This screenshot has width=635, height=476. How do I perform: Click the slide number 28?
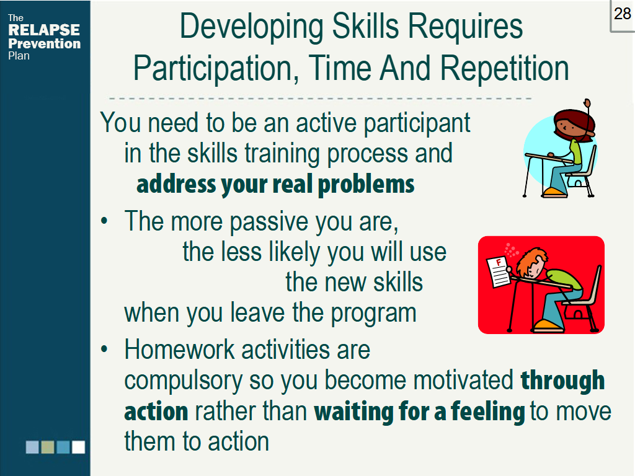pos(623,14)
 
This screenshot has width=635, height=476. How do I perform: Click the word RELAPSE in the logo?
pos(44,30)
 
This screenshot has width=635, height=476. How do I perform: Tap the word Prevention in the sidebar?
pos(45,43)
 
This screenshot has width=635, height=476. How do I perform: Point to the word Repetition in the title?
pos(504,68)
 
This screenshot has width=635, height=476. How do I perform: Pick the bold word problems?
pos(366,185)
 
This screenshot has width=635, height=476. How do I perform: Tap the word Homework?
pos(179,350)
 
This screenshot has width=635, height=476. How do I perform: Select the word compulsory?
pos(184,381)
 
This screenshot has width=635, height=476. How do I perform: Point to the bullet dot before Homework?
pos(104,349)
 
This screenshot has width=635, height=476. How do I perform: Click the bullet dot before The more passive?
pos(104,221)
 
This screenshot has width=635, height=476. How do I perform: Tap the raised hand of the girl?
pos(587,104)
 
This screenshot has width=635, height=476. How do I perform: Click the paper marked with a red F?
pos(499,271)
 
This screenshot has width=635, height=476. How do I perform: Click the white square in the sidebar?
pos(79,447)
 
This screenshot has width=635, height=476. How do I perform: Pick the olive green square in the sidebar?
pos(48,447)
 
